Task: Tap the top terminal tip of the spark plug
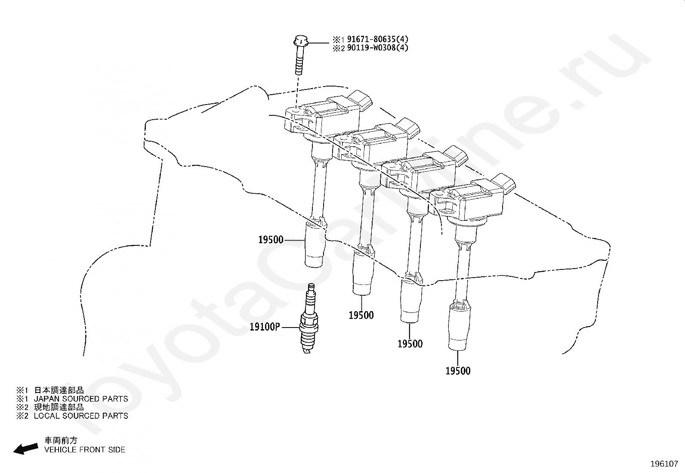click(x=310, y=287)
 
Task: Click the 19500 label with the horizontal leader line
click(x=271, y=240)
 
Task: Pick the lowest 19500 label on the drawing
click(x=458, y=371)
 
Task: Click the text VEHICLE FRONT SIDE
click(x=85, y=450)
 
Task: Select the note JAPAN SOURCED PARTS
click(x=81, y=399)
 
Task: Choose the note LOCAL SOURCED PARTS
click(x=81, y=416)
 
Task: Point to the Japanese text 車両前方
click(x=62, y=441)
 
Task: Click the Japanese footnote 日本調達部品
click(x=59, y=390)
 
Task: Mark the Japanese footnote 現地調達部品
click(x=59, y=407)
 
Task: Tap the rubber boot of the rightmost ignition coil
click(x=459, y=328)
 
